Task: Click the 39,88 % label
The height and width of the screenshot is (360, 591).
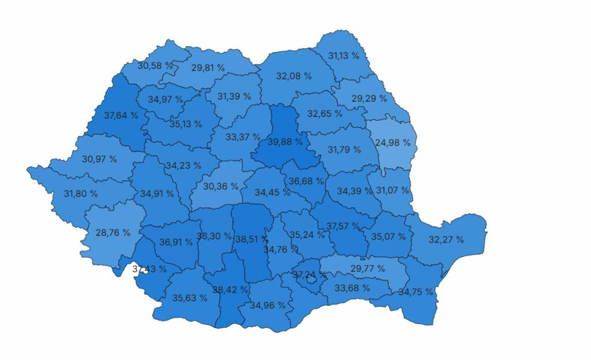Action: pyautogui.click(x=285, y=142)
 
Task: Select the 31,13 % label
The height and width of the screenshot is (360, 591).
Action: pyautogui.click(x=344, y=55)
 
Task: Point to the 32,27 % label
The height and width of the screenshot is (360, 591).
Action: pyautogui.click(x=446, y=240)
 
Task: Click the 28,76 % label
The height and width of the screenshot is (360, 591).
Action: pyautogui.click(x=113, y=233)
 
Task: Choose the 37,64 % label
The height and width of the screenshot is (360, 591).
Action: pyautogui.click(x=120, y=115)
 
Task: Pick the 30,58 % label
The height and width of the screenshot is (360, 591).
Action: pyautogui.click(x=155, y=66)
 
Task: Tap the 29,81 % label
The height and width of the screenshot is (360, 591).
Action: pyautogui.click(x=208, y=67)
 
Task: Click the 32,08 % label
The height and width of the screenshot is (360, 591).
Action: pyautogui.click(x=294, y=76)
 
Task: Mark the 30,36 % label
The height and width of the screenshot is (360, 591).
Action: pyautogui.click(x=221, y=186)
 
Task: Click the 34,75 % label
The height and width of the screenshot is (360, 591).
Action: pyautogui.click(x=416, y=292)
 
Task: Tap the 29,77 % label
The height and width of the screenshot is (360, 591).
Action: pyautogui.click(x=367, y=269)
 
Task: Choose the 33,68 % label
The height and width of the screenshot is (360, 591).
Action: pyautogui.click(x=352, y=288)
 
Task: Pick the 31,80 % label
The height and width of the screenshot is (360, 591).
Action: pyautogui.click(x=81, y=194)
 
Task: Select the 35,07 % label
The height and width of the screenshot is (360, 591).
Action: pyautogui.click(x=388, y=237)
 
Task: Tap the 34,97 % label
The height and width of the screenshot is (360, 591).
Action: pyautogui.click(x=166, y=99)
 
